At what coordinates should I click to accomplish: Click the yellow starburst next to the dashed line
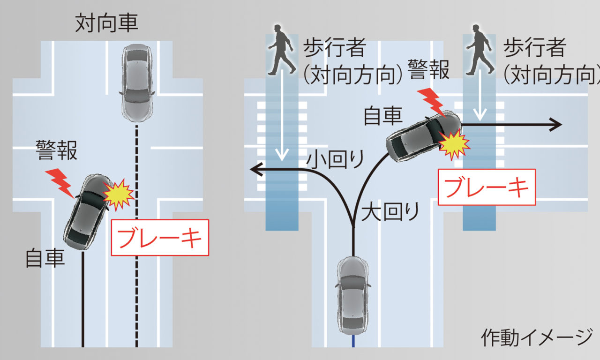(119, 194)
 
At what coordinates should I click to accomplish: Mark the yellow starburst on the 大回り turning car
(453, 144)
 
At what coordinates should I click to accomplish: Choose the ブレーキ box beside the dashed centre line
(160, 238)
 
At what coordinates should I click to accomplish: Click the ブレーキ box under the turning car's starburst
(487, 187)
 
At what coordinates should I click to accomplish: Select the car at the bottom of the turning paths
(353, 295)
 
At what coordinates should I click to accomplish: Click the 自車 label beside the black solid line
(45, 257)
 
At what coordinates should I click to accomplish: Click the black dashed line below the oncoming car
(136, 234)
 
